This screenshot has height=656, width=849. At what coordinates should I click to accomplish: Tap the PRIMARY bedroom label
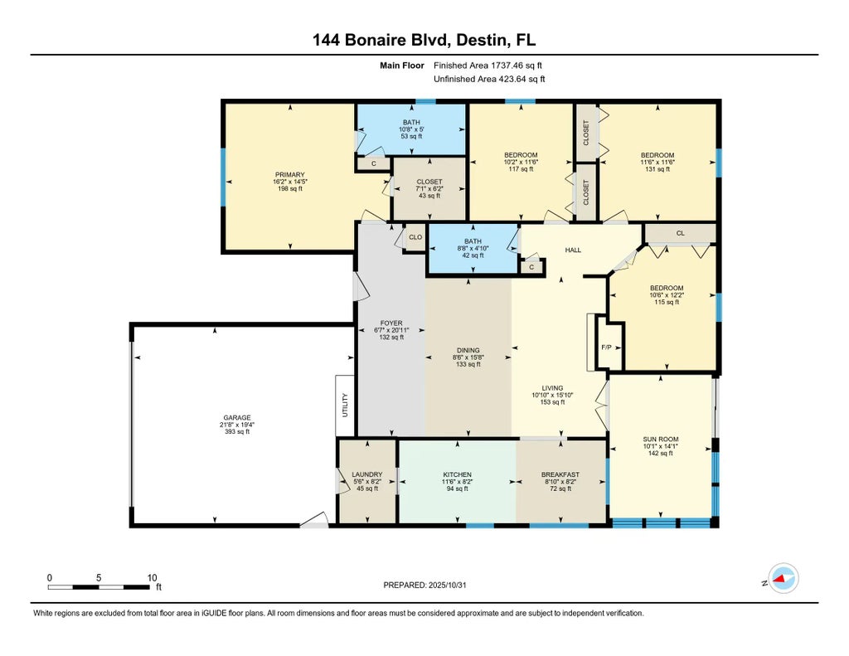pos(290,175)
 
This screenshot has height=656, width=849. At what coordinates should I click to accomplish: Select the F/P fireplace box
pos(607,345)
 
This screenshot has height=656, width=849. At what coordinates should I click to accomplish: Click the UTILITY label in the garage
pos(346,406)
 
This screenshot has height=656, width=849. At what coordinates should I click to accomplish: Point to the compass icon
pos(783,578)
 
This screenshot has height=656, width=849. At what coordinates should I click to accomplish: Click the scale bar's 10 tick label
pos(151,577)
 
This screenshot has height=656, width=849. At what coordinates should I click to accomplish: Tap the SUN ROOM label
pos(661,440)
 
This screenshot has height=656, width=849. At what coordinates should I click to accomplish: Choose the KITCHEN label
pos(457,475)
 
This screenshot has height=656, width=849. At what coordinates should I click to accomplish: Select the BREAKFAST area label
pos(560,475)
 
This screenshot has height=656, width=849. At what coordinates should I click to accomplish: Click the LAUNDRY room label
pos(366,475)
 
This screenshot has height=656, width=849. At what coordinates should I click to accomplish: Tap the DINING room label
pos(468,351)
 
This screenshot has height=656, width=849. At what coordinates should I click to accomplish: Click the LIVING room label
pos(552,388)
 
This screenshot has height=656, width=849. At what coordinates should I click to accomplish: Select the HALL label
pos(573,250)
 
